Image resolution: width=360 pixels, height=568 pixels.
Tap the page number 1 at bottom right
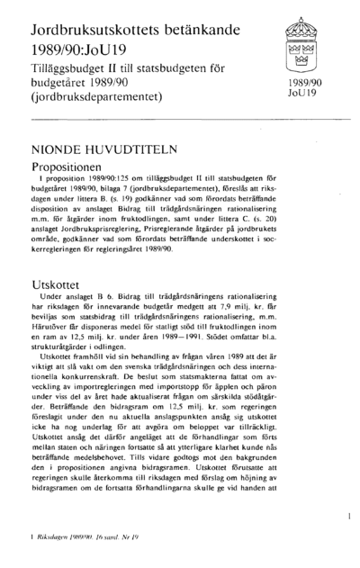coord(346,515)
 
